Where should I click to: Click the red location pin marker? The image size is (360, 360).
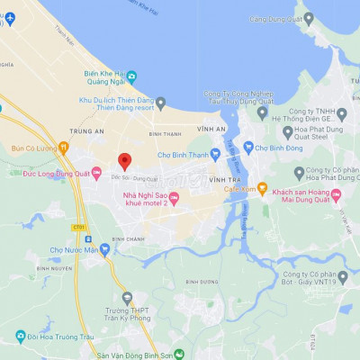[125, 162]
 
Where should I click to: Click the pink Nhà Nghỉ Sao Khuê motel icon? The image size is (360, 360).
[175, 198]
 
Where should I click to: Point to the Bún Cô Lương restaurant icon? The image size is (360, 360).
[63, 147]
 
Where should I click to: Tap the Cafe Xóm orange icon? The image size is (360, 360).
[262, 188]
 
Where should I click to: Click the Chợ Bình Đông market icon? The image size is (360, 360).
[248, 147]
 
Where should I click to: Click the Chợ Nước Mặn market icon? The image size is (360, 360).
[104, 249]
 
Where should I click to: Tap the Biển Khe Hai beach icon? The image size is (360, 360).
[131, 77]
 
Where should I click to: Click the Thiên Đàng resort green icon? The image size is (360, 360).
[161, 103]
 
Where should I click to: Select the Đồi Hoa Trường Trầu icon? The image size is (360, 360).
[20, 337]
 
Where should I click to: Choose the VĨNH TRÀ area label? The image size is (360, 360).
[221, 180]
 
